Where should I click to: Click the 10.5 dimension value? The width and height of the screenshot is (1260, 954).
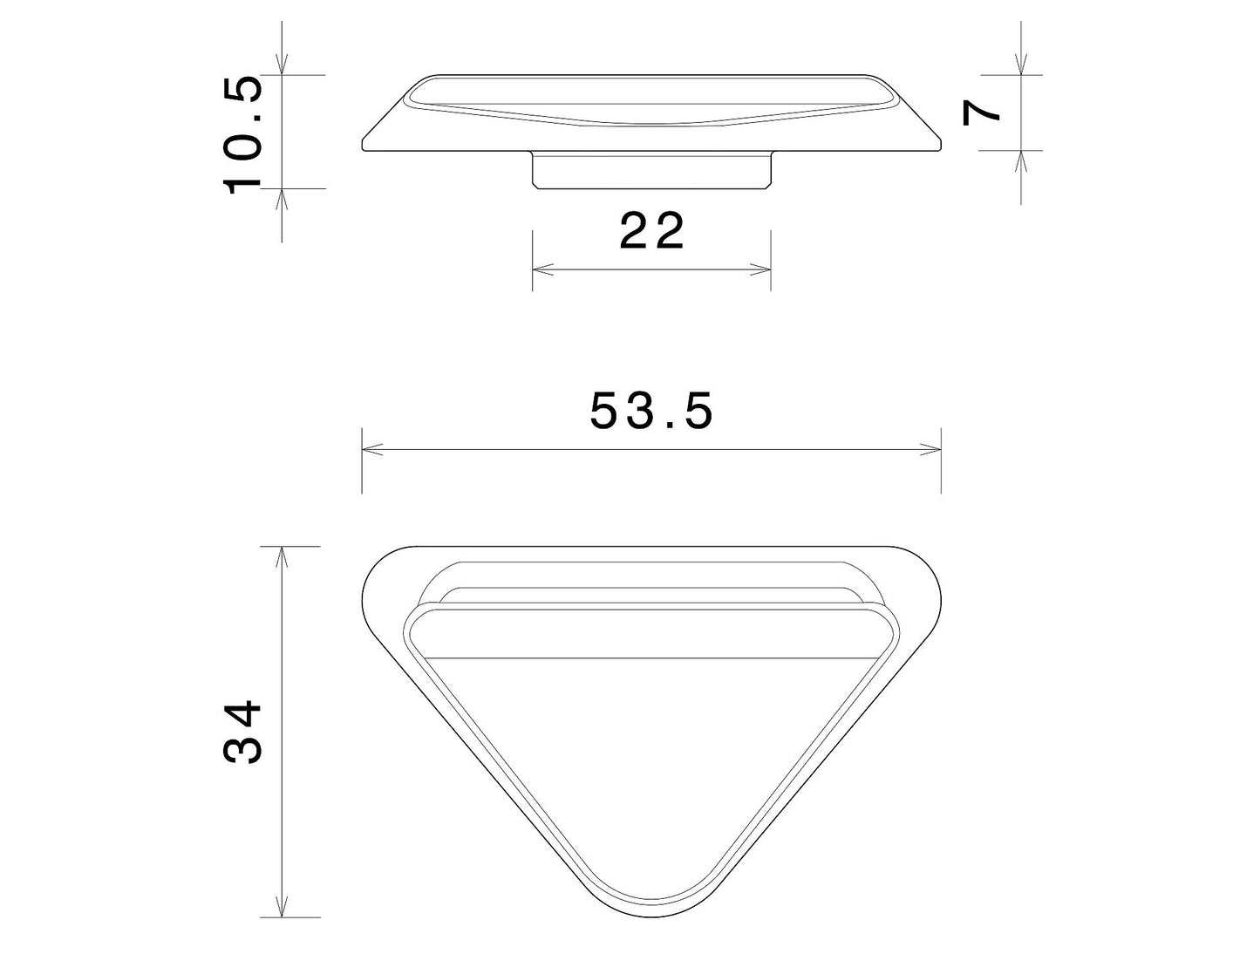pyautogui.click(x=242, y=135)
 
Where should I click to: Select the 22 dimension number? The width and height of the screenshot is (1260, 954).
pyautogui.click(x=651, y=230)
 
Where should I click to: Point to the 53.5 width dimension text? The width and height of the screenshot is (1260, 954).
pyautogui.click(x=651, y=411)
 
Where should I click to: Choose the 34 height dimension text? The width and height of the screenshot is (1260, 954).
pyautogui.click(x=242, y=732)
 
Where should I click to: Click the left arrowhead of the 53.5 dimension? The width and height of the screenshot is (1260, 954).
pyautogui.click(x=372, y=449)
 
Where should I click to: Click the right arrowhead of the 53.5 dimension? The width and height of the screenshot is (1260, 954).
pyautogui.click(x=930, y=449)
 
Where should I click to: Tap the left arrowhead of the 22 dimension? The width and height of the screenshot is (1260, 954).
pyautogui.click(x=542, y=269)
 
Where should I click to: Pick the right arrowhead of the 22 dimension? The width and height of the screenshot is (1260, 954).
pyautogui.click(x=760, y=269)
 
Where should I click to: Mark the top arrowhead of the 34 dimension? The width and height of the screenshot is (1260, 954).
pyautogui.click(x=282, y=557)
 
